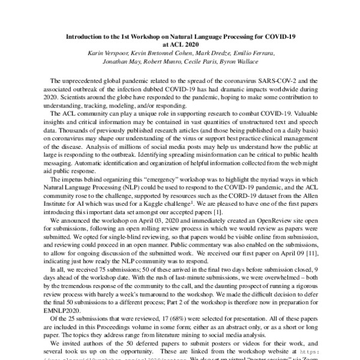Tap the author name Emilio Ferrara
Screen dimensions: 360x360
254,53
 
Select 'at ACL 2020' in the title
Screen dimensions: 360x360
179,44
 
